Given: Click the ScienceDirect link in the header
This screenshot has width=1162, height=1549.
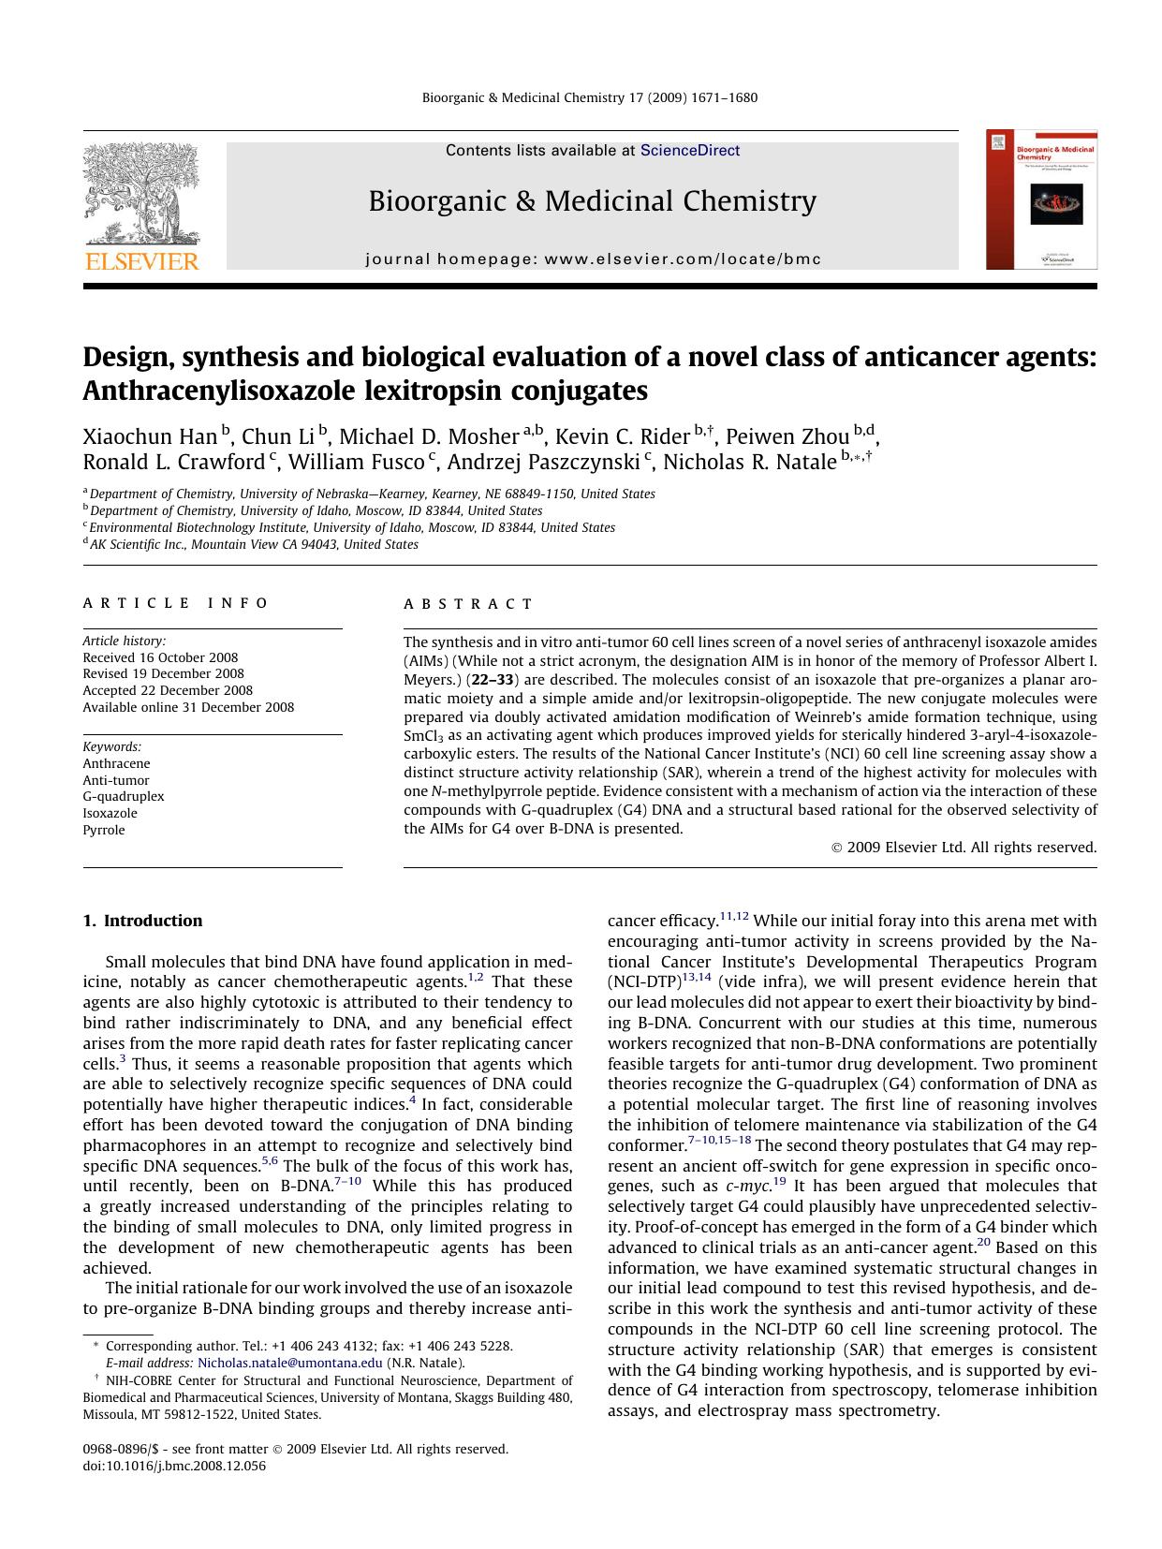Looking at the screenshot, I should (x=689, y=151).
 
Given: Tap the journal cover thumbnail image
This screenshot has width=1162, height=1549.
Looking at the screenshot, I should (x=1041, y=200).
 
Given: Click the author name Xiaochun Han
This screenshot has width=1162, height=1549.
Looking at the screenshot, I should (x=150, y=437).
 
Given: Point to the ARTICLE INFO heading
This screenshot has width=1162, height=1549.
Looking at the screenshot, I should (x=176, y=604).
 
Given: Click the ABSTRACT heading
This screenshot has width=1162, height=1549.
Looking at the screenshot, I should (x=468, y=604).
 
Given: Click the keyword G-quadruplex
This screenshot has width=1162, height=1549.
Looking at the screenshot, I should (x=124, y=797).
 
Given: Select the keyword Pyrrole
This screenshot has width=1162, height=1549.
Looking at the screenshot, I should (x=103, y=831).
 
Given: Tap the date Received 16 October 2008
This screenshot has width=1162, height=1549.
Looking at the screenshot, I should (x=160, y=658).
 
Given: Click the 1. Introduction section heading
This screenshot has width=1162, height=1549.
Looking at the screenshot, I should (x=142, y=921).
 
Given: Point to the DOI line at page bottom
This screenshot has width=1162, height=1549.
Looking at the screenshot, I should (x=174, y=1467).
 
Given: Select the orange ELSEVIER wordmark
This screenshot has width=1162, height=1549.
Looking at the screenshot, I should (x=141, y=261).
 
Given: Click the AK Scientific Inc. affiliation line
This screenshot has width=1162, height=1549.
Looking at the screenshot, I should (x=253, y=545).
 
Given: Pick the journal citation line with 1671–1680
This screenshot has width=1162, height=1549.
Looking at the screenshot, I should (x=590, y=98).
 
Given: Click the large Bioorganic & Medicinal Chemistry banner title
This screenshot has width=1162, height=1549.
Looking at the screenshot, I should (x=592, y=201).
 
